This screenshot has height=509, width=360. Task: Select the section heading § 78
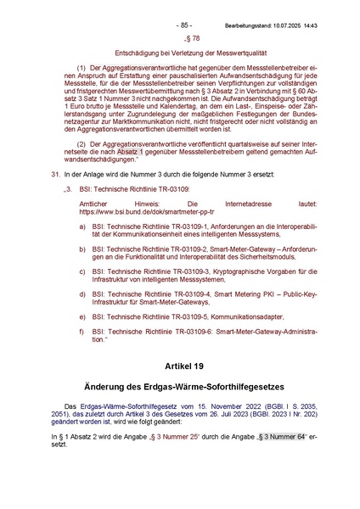pos(192,39)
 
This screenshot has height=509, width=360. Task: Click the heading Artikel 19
pos(192,366)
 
